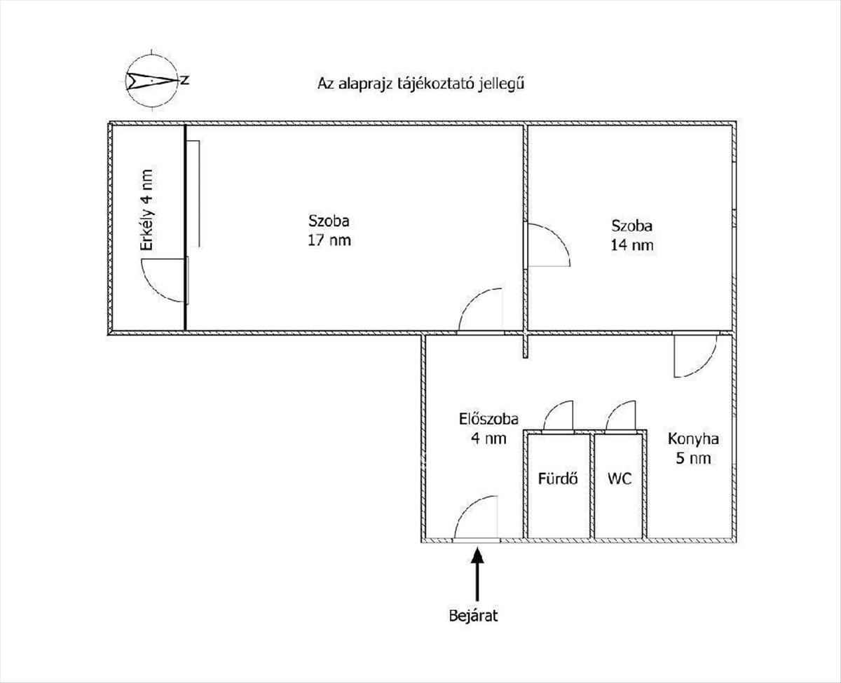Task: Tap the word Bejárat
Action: point(473,616)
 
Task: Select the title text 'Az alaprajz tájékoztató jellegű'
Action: point(421,83)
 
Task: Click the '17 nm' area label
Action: point(329,240)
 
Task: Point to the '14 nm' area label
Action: point(632,245)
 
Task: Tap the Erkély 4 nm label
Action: point(146,210)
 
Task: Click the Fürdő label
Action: point(558,478)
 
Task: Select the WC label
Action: point(620,478)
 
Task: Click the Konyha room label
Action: point(693,439)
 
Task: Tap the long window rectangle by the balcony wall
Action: point(193,194)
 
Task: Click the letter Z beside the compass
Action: point(184,81)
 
